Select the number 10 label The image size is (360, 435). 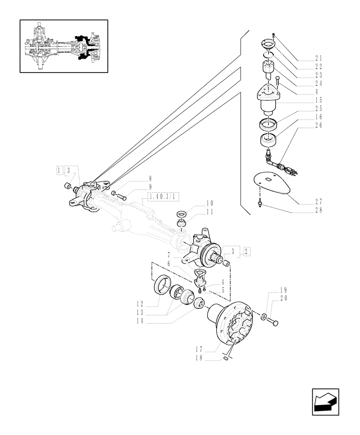click(210, 203)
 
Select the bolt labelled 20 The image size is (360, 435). click(273, 323)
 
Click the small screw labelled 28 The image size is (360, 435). click(260, 201)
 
